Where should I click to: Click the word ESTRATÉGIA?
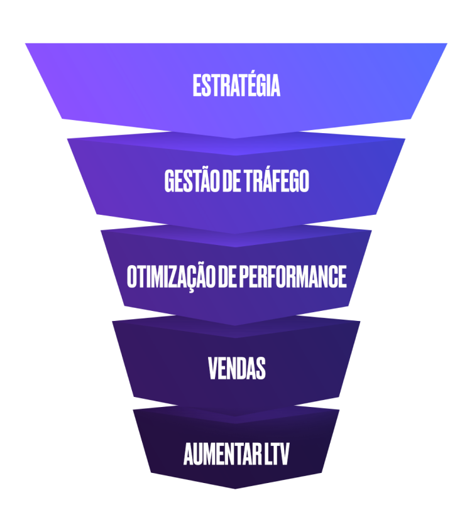click(x=236, y=86)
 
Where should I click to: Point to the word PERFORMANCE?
click(x=292, y=277)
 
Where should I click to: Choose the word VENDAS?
click(x=236, y=369)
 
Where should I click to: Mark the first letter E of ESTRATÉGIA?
click(x=197, y=86)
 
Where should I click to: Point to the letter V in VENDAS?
click(x=212, y=369)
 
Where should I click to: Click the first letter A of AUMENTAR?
click(x=189, y=455)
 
